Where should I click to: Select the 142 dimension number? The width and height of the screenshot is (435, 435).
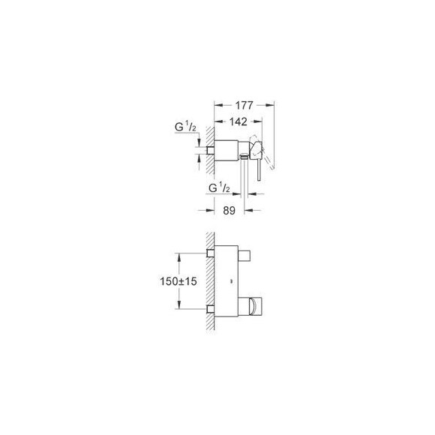pos(238,121)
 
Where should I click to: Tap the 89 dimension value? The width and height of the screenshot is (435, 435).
pos(229,211)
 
